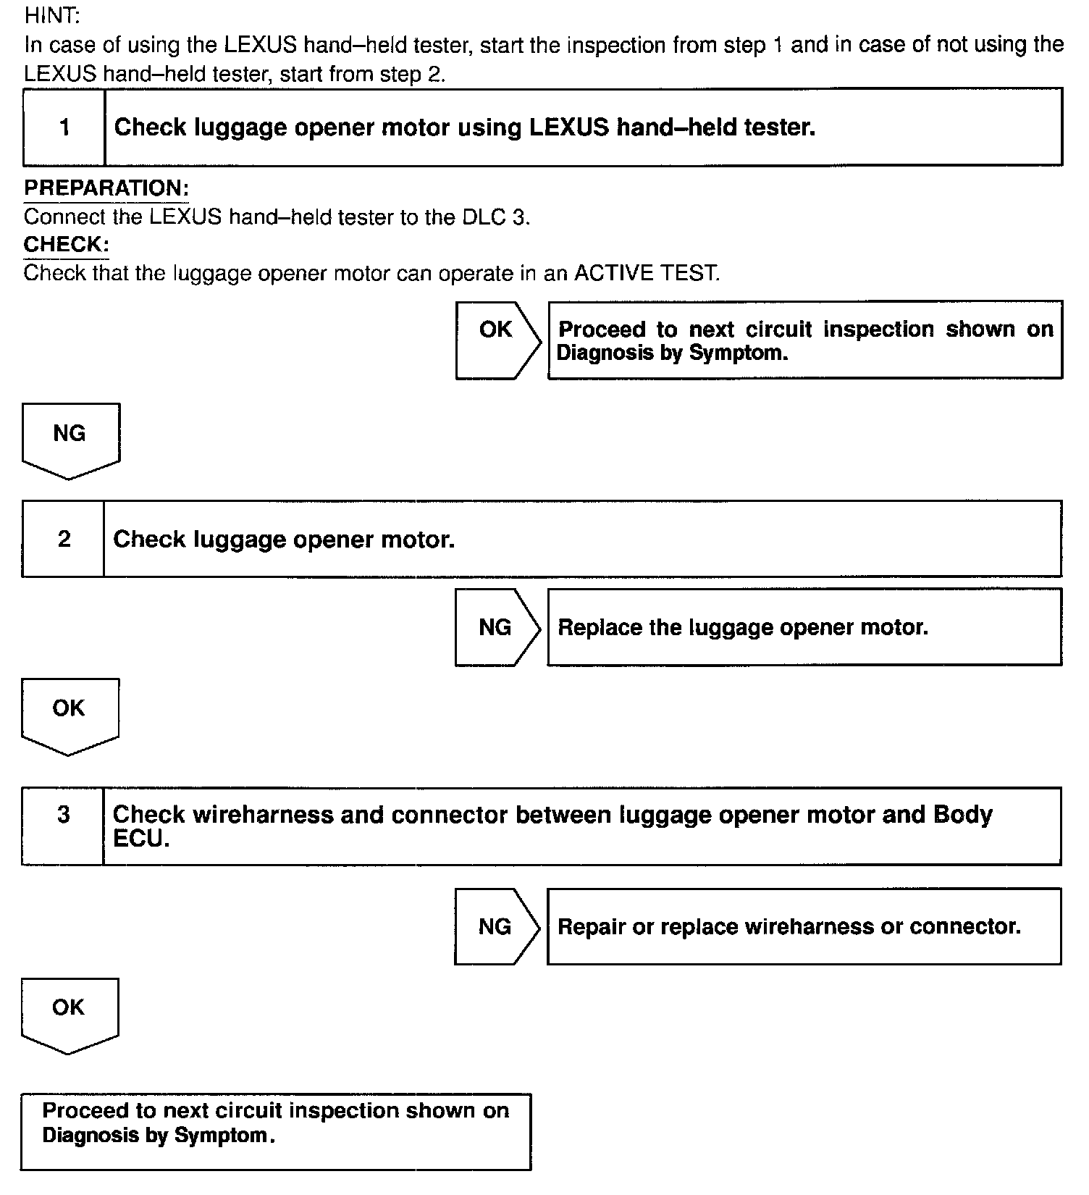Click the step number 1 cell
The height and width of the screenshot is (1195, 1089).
64,127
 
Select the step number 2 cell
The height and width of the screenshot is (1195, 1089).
64,539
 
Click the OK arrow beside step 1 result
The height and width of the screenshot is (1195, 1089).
497,340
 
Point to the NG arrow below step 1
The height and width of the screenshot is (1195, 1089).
70,439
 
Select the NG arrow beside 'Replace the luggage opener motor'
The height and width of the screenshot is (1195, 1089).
497,627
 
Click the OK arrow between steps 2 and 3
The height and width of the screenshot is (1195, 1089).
70,714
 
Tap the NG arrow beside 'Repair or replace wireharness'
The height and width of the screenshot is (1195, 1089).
496,926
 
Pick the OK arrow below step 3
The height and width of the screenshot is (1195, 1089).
70,1013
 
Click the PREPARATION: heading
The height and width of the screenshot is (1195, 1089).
106,188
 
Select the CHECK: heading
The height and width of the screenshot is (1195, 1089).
66,245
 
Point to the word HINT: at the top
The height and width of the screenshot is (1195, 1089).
52,15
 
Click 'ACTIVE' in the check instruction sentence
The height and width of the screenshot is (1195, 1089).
613,274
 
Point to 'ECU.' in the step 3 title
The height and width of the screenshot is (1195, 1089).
141,839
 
